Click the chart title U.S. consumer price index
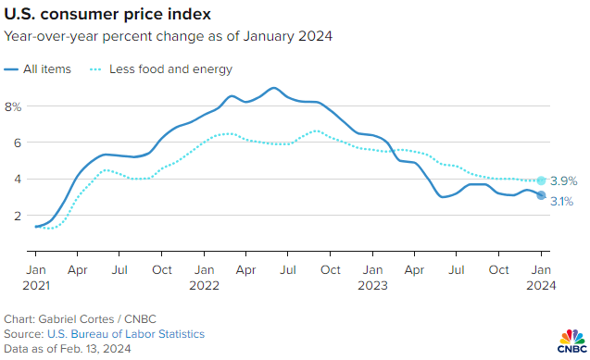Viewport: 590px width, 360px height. point(107,16)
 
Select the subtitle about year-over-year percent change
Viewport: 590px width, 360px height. point(168,37)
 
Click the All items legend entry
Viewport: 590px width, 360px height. point(43,69)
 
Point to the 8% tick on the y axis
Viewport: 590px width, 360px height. point(13,106)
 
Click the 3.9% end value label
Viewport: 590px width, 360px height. point(564,181)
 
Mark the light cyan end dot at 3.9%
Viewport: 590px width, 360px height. point(542,180)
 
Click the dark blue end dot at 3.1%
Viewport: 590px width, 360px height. point(542,195)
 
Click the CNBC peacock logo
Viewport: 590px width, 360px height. point(569,340)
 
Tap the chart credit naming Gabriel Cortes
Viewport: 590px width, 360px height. point(68,318)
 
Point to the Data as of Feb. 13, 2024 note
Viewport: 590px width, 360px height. point(68,349)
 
